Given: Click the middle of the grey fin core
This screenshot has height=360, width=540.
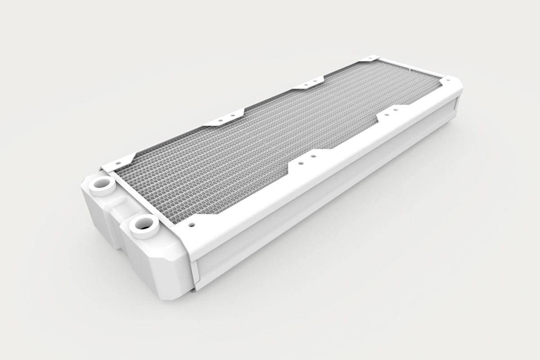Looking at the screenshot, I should (252, 144).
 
